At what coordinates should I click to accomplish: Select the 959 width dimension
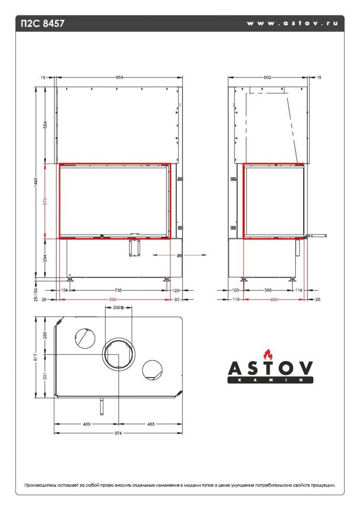pos(119,77)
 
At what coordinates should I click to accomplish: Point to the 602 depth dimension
pos(267,77)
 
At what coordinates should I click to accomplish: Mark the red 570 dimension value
pos(46,201)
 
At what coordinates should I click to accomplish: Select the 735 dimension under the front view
pos(118,290)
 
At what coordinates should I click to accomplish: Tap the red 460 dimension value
pos(273,299)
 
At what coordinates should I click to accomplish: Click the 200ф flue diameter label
pos(118,308)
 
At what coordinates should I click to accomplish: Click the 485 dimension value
pos(151,424)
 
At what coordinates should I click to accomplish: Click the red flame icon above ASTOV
pos(269,353)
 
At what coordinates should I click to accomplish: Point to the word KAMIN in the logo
pos(270,380)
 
